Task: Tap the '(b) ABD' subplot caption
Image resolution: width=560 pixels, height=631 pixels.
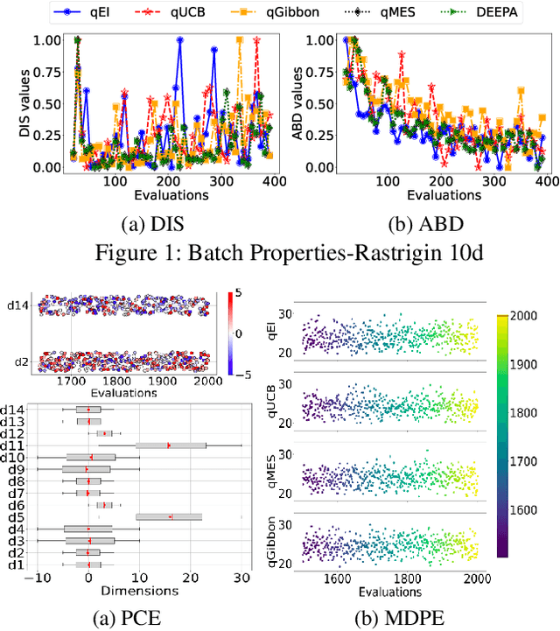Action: click(418, 224)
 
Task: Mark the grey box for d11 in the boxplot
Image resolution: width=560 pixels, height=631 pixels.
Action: click(170, 445)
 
